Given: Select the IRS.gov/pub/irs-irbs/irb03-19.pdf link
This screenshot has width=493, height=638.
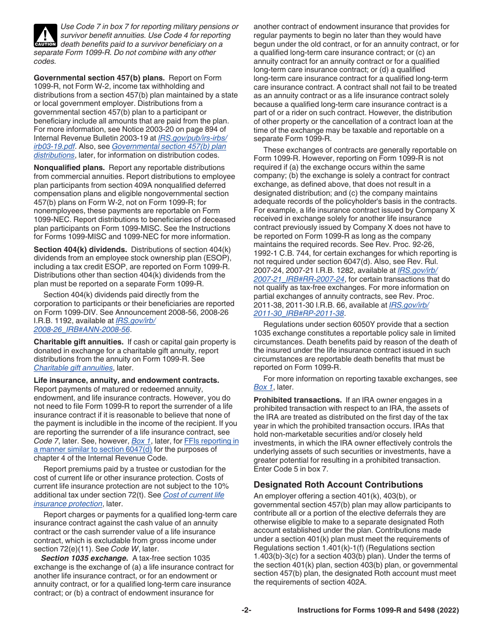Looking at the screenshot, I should (x=130, y=142).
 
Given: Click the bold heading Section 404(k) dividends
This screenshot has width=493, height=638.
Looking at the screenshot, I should (x=80, y=249).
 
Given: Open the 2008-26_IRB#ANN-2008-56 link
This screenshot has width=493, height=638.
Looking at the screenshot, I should (x=82, y=329).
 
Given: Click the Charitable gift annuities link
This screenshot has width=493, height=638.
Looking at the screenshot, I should (x=73, y=368).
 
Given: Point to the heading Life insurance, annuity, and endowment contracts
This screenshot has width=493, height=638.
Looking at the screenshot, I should (x=126, y=380).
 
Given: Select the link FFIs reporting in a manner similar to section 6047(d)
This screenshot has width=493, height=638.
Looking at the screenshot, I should (x=136, y=445).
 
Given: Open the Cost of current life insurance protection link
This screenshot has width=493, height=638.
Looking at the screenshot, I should (x=129, y=499).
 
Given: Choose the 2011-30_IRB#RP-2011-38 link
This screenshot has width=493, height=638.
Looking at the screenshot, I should (x=298, y=313).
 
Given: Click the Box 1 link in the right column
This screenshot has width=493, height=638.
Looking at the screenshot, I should (x=263, y=387).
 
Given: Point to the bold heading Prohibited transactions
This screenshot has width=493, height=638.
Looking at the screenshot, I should (x=297, y=400).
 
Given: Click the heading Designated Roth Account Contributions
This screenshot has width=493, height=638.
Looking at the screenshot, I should (x=338, y=484).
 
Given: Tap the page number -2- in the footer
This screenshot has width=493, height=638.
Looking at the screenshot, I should (x=246, y=611).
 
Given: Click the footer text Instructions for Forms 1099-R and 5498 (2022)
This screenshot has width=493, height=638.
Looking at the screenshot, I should (x=378, y=611).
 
